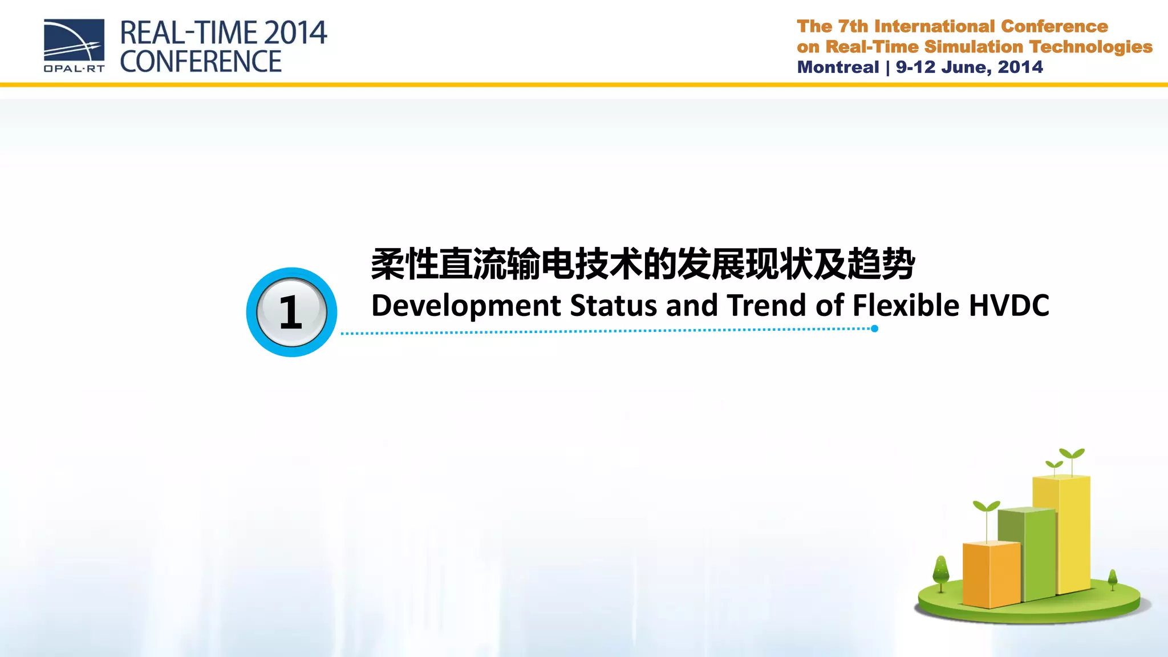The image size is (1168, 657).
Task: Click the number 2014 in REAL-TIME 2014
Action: click(295, 33)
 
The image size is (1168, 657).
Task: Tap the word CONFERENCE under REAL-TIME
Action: click(201, 62)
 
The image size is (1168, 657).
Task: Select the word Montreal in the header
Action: click(838, 67)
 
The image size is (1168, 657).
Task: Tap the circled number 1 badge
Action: click(291, 313)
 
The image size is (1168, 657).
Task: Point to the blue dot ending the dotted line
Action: click(874, 328)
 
